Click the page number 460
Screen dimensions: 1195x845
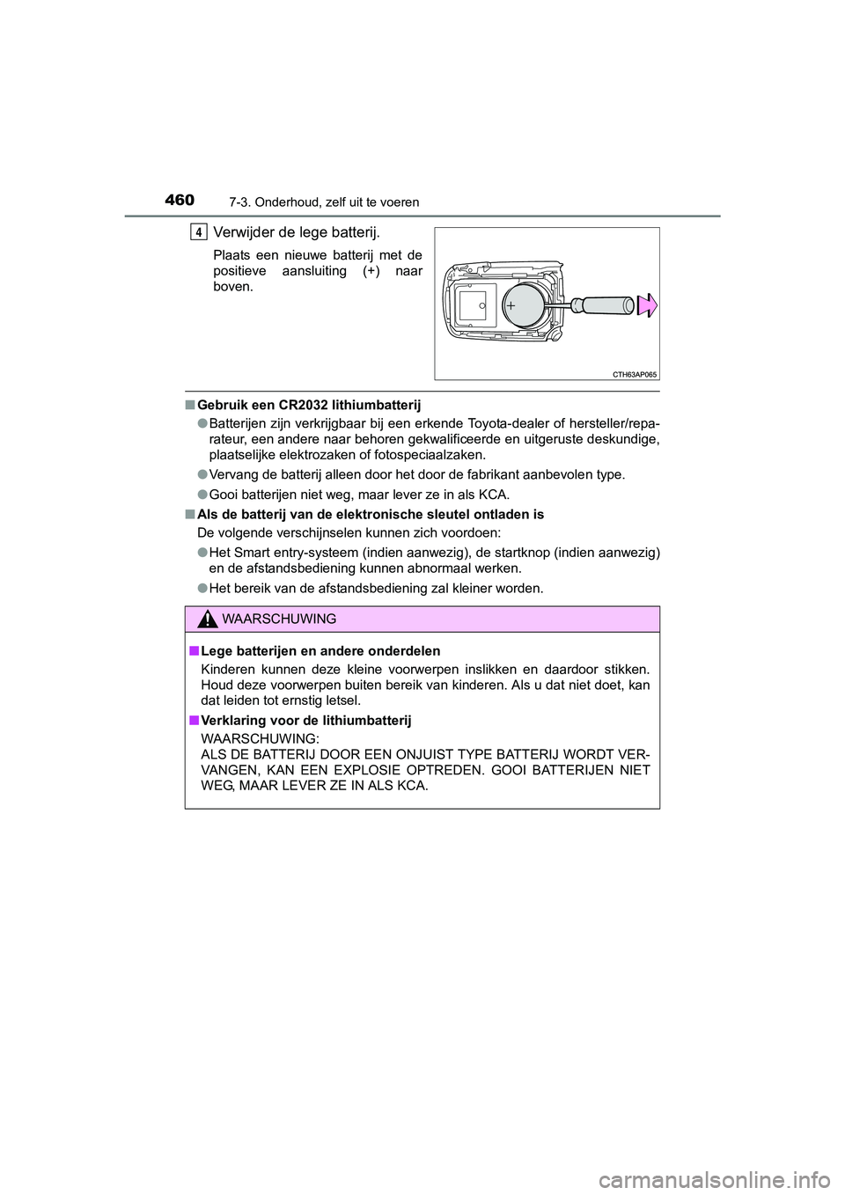pos(179,200)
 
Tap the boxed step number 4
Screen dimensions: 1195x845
pos(199,232)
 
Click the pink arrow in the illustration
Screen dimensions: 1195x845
pos(648,305)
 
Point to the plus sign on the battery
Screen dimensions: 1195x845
pos(511,306)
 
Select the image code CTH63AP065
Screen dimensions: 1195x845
pos(634,374)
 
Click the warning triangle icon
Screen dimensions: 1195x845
pos(207,619)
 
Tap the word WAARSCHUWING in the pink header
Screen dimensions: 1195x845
pos(279,619)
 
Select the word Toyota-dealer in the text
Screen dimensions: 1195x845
pos(506,423)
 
